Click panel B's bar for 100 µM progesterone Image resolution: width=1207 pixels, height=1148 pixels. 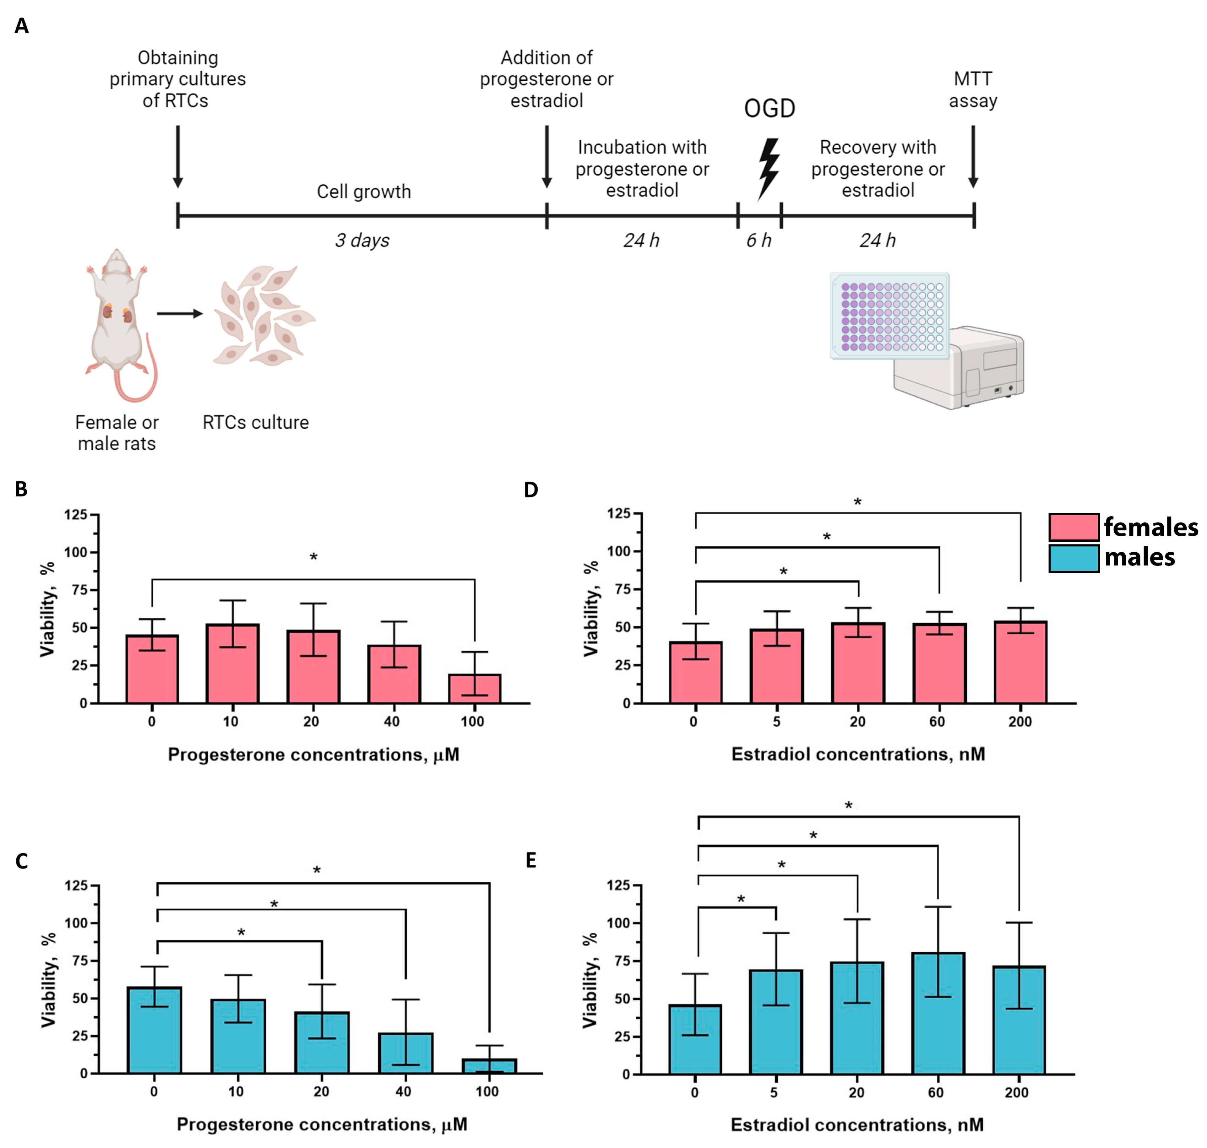[x=474, y=688]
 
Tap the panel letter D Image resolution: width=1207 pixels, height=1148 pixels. [x=531, y=490]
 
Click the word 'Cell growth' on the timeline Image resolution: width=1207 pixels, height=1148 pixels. [x=364, y=192]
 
